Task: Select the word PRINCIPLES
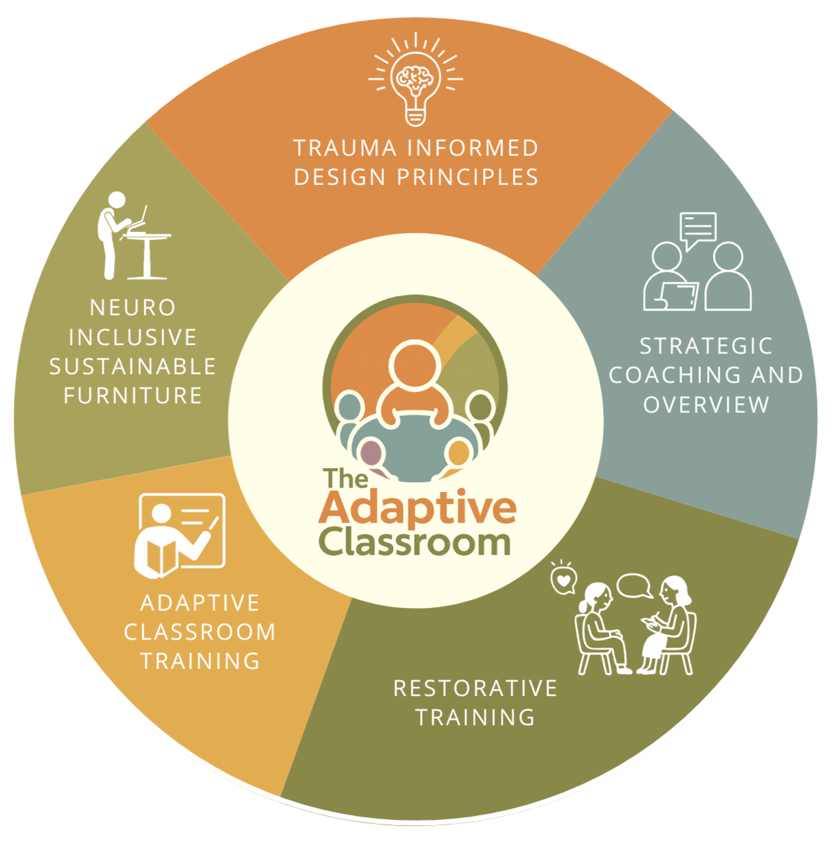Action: (x=467, y=177)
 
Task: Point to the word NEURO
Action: (x=133, y=307)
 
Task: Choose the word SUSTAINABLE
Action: (x=133, y=366)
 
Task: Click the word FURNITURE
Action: (x=133, y=395)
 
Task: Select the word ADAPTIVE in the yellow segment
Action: (x=200, y=603)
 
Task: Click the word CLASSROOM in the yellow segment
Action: (x=200, y=632)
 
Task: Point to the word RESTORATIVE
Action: (x=475, y=688)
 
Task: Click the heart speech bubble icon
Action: (x=563, y=579)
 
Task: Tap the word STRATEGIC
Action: (x=706, y=346)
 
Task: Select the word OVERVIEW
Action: (x=706, y=404)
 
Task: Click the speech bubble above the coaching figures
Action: (x=698, y=228)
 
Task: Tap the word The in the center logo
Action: (x=345, y=478)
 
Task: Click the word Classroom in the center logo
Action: (x=415, y=542)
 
